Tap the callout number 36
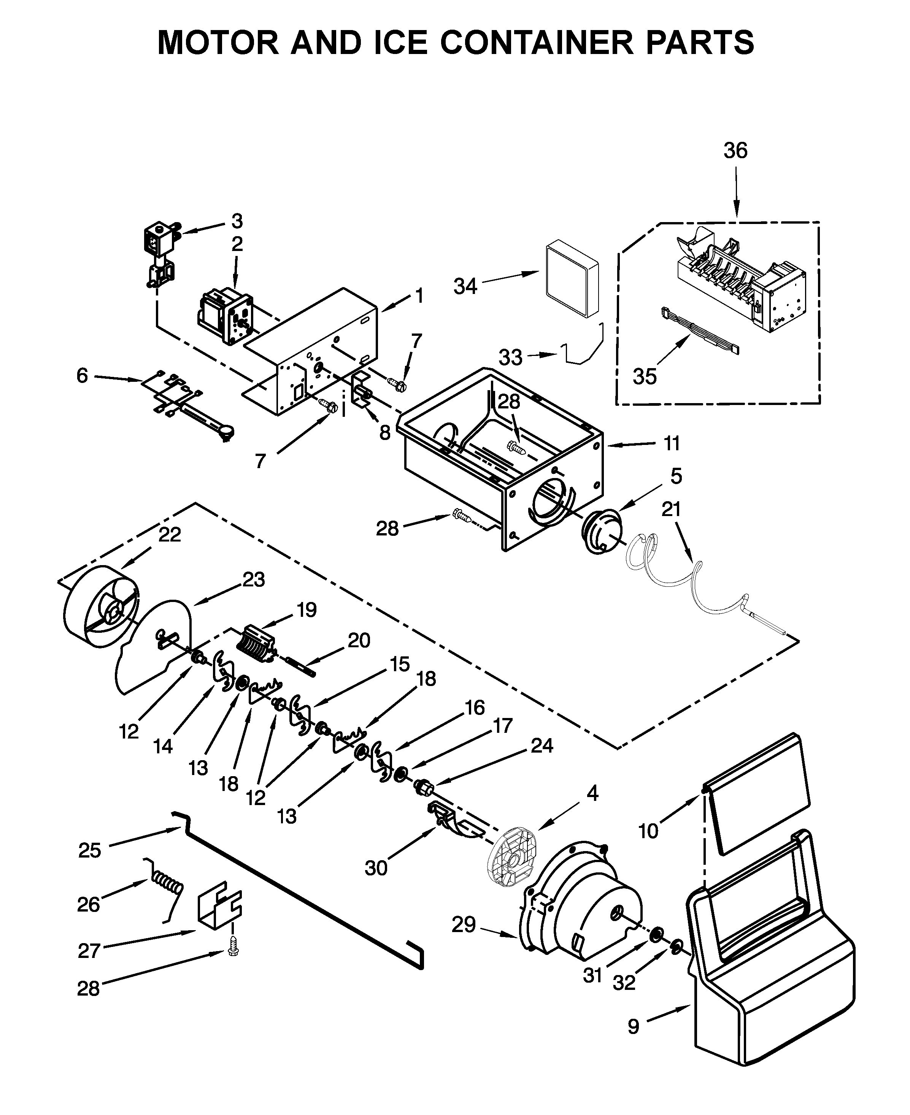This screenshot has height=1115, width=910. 735,151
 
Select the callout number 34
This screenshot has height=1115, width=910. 465,286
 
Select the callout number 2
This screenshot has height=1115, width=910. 237,244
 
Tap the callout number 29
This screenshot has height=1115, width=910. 464,925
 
